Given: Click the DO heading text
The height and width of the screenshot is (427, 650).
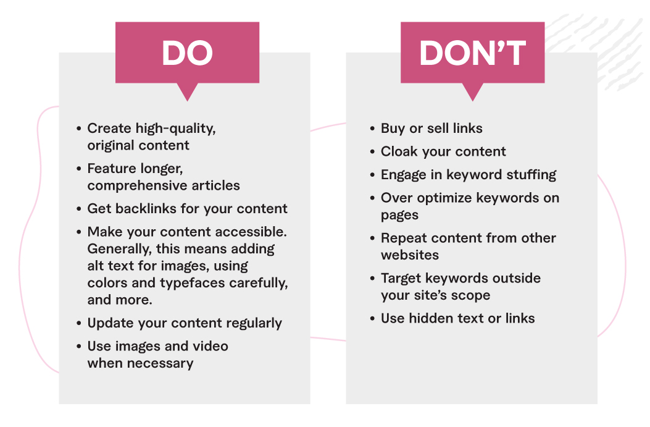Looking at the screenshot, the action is click(x=188, y=53).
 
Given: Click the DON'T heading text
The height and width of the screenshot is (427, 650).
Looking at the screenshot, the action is click(x=473, y=53).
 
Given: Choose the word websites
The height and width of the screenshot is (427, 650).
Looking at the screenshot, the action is click(x=409, y=255).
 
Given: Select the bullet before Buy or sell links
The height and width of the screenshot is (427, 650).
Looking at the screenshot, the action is click(x=372, y=129).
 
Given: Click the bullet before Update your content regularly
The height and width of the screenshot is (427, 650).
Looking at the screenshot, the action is click(x=79, y=323).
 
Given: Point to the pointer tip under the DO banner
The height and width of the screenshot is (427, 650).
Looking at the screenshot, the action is click(x=188, y=101).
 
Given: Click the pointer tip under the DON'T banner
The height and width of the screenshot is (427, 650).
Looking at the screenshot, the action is click(x=473, y=101).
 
